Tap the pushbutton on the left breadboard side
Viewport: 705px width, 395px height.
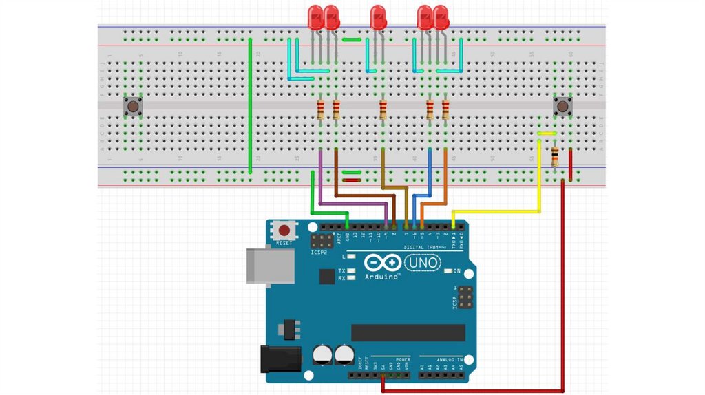[x=133, y=107]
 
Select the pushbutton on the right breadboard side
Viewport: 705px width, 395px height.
[x=563, y=107]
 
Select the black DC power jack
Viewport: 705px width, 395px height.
[x=280, y=359]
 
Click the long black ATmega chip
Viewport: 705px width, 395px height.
[x=408, y=332]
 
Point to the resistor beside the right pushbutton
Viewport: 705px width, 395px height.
[x=555, y=156]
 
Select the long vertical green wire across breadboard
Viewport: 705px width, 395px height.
[x=250, y=107]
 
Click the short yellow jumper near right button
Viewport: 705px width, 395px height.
[x=547, y=134]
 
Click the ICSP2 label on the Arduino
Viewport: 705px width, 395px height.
[x=319, y=253]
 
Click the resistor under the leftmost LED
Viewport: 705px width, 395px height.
[x=321, y=109]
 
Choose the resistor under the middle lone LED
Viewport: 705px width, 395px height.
[x=383, y=109]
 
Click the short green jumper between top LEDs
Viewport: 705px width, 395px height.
[x=351, y=40]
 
